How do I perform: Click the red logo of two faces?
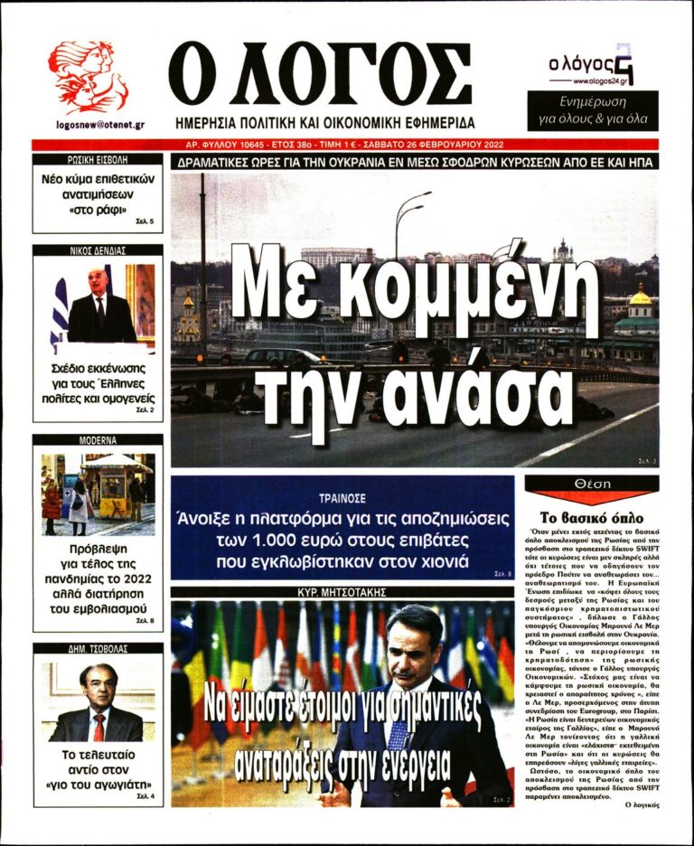click(x=88, y=77)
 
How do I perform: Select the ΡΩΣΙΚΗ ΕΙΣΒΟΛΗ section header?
click(x=98, y=161)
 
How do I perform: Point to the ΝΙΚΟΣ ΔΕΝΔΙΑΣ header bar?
click(x=98, y=250)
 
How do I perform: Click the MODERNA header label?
click(x=98, y=440)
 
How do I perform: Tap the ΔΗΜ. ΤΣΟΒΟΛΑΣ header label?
click(x=98, y=648)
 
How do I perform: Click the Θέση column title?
click(x=592, y=486)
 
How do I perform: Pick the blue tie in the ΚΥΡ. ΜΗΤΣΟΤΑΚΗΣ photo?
click(x=398, y=732)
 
